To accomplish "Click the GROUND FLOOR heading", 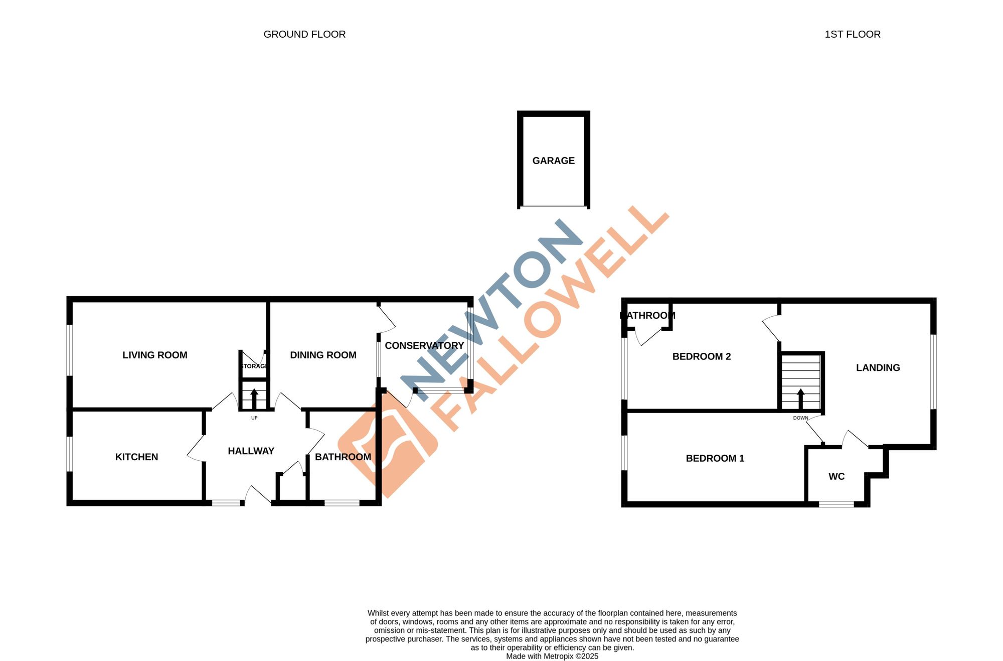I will [304, 34].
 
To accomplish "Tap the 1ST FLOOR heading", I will [852, 34].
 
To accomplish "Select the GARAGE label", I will [553, 161].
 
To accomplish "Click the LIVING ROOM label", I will [154, 355].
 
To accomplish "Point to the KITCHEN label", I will [136, 457].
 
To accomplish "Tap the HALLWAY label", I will [251, 451].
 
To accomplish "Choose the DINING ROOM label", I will [323, 355].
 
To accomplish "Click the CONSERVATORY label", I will [424, 345].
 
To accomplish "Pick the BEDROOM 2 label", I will [701, 356].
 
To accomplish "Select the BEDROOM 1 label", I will [715, 458].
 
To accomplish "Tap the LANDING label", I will [878, 367].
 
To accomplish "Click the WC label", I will [836, 476].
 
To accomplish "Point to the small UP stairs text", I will [254, 418].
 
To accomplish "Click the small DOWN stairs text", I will [800, 418].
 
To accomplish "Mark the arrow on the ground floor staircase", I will [254, 398].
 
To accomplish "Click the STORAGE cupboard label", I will [254, 366].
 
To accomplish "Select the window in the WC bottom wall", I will [836, 504].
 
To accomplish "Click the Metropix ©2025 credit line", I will [552, 656].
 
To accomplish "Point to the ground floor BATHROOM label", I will [343, 457].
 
